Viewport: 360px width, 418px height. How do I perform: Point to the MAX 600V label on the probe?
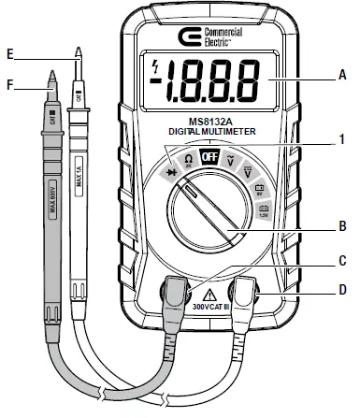click(x=55, y=223)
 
